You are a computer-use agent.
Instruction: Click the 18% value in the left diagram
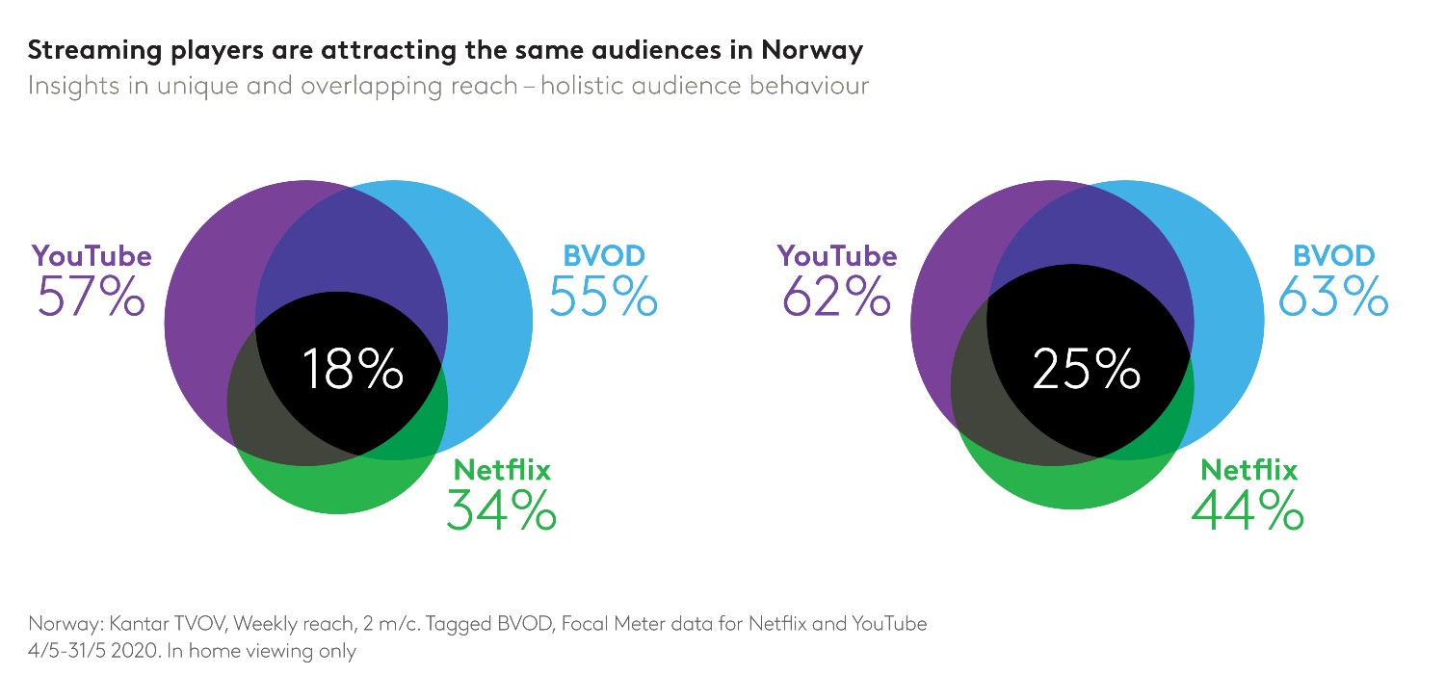pos(352,370)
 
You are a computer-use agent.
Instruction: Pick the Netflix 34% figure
pos(501,510)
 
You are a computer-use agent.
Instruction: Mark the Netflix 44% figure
pos(1248,510)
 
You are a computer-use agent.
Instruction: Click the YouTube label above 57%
pos(92,256)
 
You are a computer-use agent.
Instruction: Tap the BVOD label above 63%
pos(1333,256)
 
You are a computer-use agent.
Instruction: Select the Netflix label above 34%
pos(502,470)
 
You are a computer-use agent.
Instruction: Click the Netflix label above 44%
pos(1248,470)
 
